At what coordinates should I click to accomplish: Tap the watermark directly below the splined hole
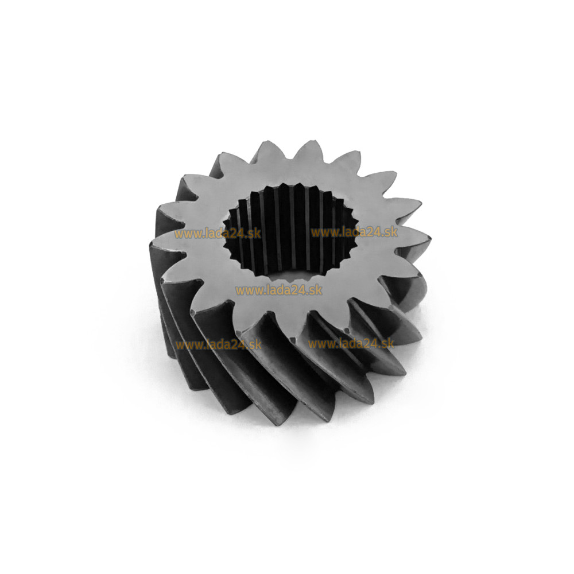[279, 290]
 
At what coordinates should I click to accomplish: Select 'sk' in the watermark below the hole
[316, 290]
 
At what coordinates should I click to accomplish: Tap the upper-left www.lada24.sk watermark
[218, 234]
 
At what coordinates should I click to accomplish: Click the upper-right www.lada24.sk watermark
[354, 232]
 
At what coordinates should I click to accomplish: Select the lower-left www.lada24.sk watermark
[218, 345]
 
